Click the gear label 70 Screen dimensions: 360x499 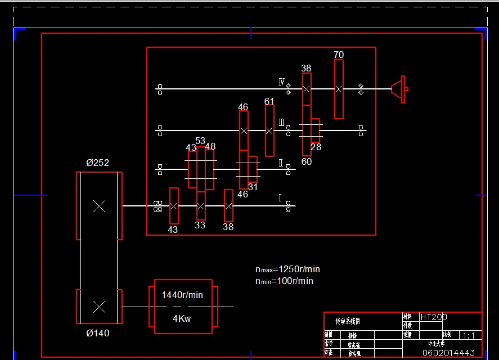[339, 55]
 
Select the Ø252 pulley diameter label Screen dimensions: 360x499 [97, 163]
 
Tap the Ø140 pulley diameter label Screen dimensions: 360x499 [97, 333]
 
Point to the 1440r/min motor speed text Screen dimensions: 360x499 [182, 295]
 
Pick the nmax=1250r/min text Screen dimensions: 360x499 [287, 269]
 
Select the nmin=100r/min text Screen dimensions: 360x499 [284, 281]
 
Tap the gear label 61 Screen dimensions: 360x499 [269, 101]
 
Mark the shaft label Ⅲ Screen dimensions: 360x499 [282, 123]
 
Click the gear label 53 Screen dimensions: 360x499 [201, 140]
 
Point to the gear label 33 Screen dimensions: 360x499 [200, 225]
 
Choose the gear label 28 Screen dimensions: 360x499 [316, 147]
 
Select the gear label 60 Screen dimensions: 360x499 [307, 161]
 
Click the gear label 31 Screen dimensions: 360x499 [253, 187]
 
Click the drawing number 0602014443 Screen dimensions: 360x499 [448, 353]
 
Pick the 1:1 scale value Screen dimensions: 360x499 [468, 336]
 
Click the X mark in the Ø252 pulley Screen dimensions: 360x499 [99, 206]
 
